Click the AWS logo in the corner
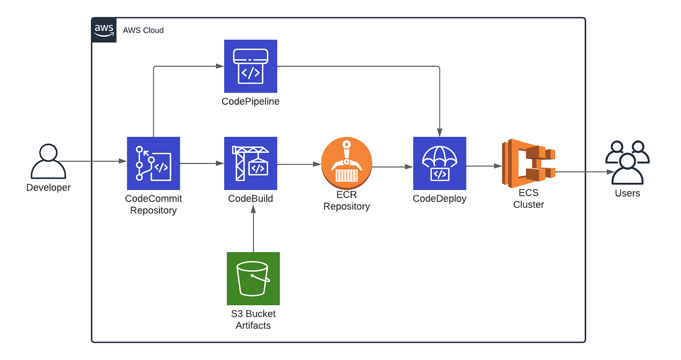(104, 30)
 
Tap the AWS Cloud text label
(143, 30)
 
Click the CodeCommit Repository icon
(153, 163)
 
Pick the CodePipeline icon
(250, 66)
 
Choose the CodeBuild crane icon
(250, 163)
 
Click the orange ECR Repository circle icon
(347, 163)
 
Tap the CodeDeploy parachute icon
(439, 163)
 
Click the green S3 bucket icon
(253, 278)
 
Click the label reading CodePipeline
(250, 101)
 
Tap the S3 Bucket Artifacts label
(253, 320)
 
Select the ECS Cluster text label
(529, 199)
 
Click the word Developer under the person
(48, 188)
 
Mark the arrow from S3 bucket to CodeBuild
(253, 231)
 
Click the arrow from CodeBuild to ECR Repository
(299, 164)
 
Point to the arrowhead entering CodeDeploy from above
(439, 132)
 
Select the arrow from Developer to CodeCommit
(93, 161)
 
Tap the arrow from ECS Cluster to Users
(584, 171)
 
